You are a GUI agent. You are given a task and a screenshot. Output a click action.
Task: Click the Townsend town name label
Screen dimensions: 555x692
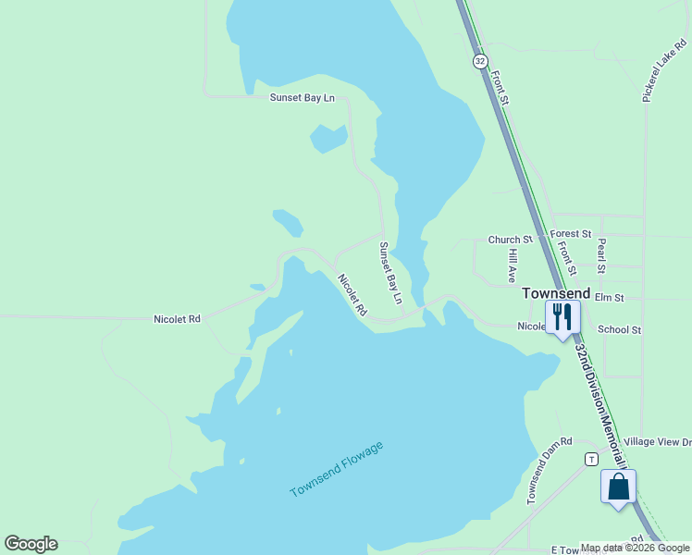click(556, 292)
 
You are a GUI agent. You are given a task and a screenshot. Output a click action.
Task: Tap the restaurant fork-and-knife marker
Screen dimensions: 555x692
click(562, 317)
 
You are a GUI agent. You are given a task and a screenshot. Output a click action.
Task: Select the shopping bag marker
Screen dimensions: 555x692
click(618, 487)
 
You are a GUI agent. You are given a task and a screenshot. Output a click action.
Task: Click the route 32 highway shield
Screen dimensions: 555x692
click(479, 61)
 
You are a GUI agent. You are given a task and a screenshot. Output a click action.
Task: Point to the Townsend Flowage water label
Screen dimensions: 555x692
click(336, 469)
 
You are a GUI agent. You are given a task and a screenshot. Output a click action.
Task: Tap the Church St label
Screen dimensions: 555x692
click(511, 240)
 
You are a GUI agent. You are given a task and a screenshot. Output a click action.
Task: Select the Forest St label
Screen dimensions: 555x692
click(570, 234)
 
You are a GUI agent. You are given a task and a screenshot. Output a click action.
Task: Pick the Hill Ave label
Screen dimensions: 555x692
click(512, 265)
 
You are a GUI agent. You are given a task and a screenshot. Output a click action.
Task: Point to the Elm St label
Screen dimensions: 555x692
click(610, 298)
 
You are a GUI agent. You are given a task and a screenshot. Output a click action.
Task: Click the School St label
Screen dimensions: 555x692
click(619, 329)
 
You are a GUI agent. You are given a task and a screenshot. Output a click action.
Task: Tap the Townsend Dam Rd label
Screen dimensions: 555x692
click(550, 470)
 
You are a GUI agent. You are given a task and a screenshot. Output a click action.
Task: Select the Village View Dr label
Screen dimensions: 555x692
click(658, 442)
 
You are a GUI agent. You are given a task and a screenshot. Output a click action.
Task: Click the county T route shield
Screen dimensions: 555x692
click(589, 459)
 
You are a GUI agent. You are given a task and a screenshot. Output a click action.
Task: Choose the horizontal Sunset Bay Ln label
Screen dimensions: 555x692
click(302, 98)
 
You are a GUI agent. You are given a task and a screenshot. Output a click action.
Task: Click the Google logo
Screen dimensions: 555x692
click(31, 544)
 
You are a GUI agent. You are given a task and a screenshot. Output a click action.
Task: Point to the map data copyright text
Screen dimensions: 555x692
click(635, 548)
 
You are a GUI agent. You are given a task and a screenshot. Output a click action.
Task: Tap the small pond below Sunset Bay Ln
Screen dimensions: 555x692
click(328, 139)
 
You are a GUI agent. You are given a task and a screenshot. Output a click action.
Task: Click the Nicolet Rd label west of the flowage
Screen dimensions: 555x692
click(177, 319)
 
